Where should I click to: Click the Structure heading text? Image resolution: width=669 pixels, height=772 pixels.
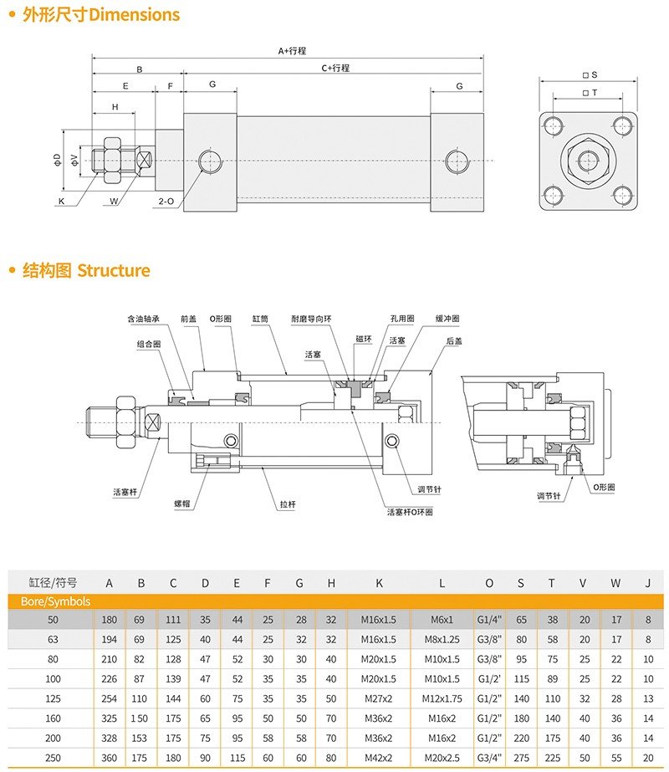coord(114,271)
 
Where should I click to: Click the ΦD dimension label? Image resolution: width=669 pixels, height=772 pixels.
coord(58,158)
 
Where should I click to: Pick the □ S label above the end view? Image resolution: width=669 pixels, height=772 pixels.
coord(590,75)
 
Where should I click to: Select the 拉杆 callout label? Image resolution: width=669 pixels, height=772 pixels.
coord(288,505)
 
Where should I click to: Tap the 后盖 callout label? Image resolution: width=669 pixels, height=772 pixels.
coord(454,340)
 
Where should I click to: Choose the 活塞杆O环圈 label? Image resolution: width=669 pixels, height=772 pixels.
coord(410,512)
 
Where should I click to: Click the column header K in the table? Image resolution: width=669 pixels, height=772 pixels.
coord(379,583)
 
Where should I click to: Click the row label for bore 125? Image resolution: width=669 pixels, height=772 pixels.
coord(54,698)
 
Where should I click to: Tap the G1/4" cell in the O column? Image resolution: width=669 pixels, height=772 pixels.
coord(489,620)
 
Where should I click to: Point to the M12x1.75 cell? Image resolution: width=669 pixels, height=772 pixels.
coord(442,698)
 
